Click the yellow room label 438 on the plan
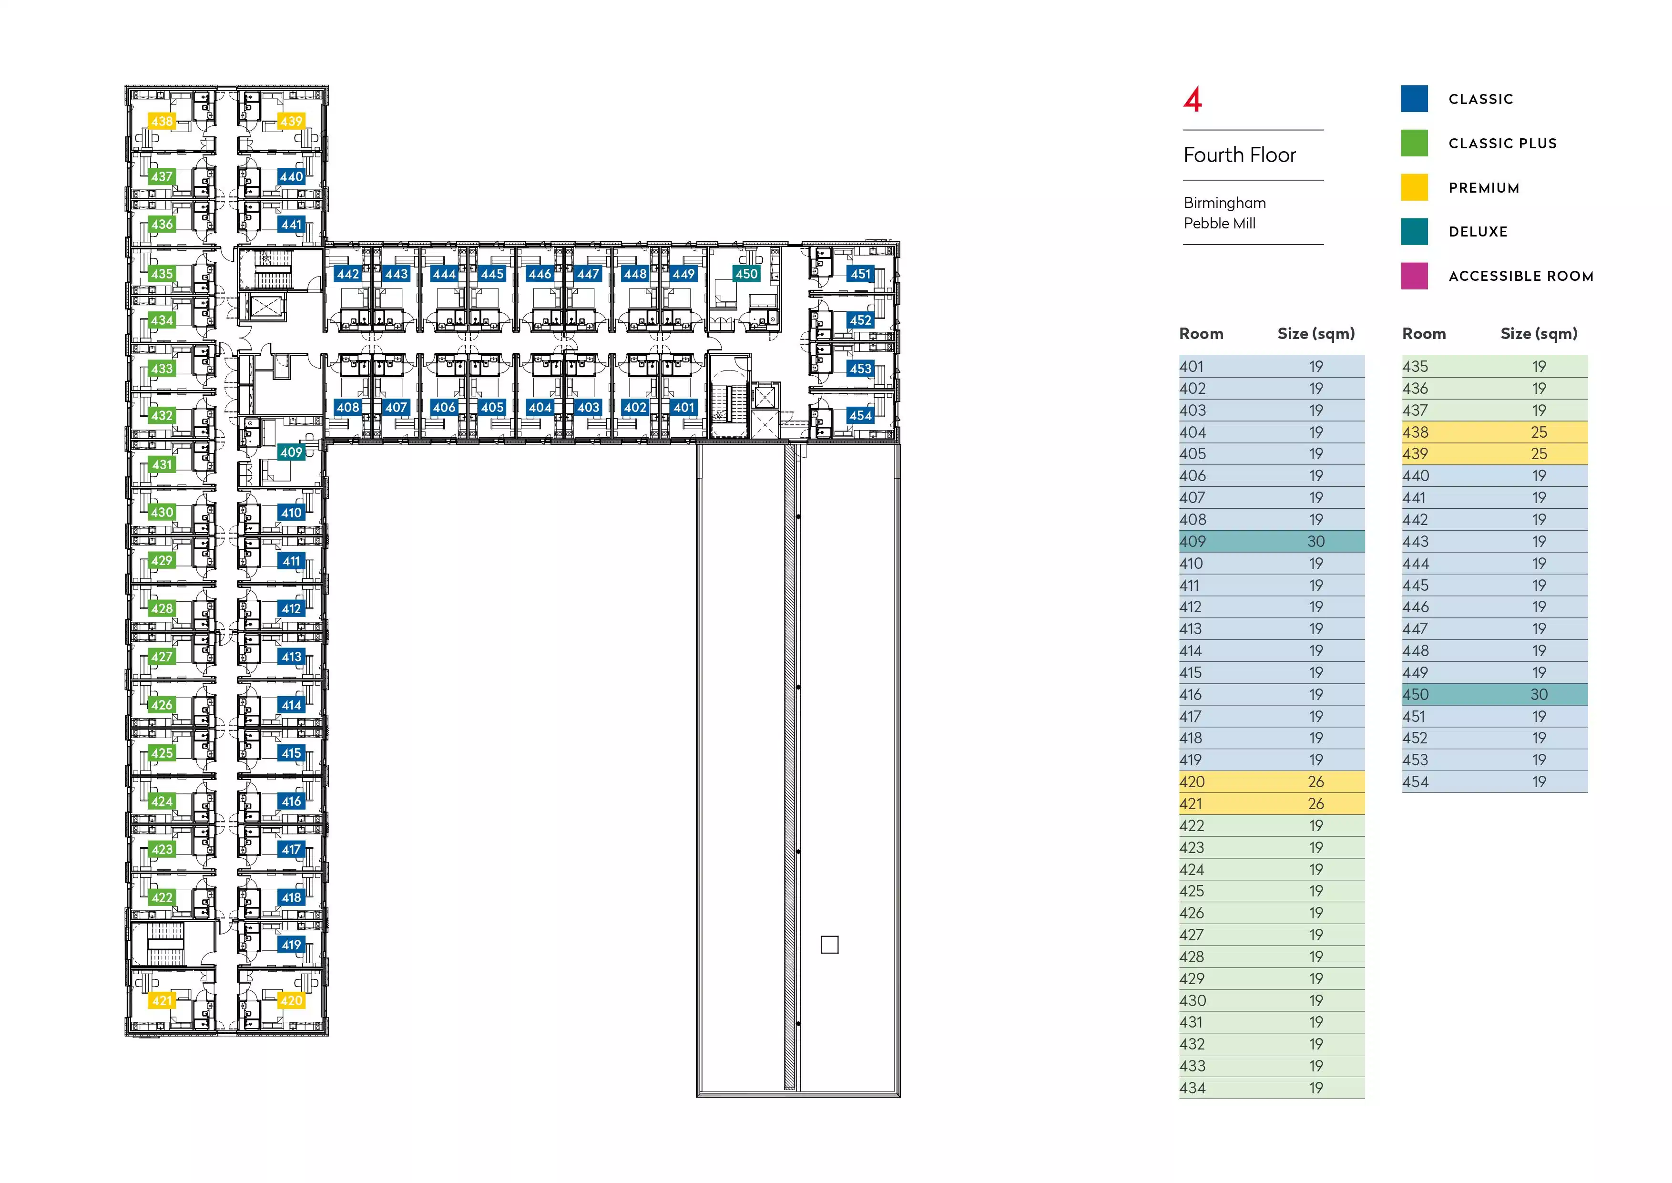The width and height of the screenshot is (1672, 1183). click(x=162, y=121)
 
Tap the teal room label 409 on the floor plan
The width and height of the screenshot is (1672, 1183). click(x=291, y=453)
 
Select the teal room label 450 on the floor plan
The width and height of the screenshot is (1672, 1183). click(x=746, y=274)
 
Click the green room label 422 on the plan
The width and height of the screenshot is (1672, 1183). click(x=162, y=897)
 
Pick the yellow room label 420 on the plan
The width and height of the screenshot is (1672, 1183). click(x=291, y=1000)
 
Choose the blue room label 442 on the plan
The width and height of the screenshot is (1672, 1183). click(x=347, y=274)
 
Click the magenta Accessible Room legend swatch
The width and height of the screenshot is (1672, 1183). click(x=1414, y=276)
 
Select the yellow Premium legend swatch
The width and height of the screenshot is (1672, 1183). click(x=1414, y=187)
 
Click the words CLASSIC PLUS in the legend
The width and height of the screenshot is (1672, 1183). click(x=1502, y=144)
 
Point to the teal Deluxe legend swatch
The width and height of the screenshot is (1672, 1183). click(x=1414, y=232)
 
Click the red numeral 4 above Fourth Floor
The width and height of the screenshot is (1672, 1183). click(x=1192, y=100)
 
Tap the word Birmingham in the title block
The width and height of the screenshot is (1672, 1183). click(x=1224, y=203)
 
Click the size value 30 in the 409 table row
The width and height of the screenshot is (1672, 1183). click(x=1315, y=541)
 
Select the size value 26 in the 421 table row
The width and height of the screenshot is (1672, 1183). click(x=1315, y=803)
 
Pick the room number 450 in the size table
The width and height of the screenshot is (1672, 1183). click(x=1416, y=694)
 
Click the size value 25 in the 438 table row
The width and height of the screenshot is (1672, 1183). click(x=1538, y=432)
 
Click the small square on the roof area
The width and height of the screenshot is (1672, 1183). click(x=829, y=945)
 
